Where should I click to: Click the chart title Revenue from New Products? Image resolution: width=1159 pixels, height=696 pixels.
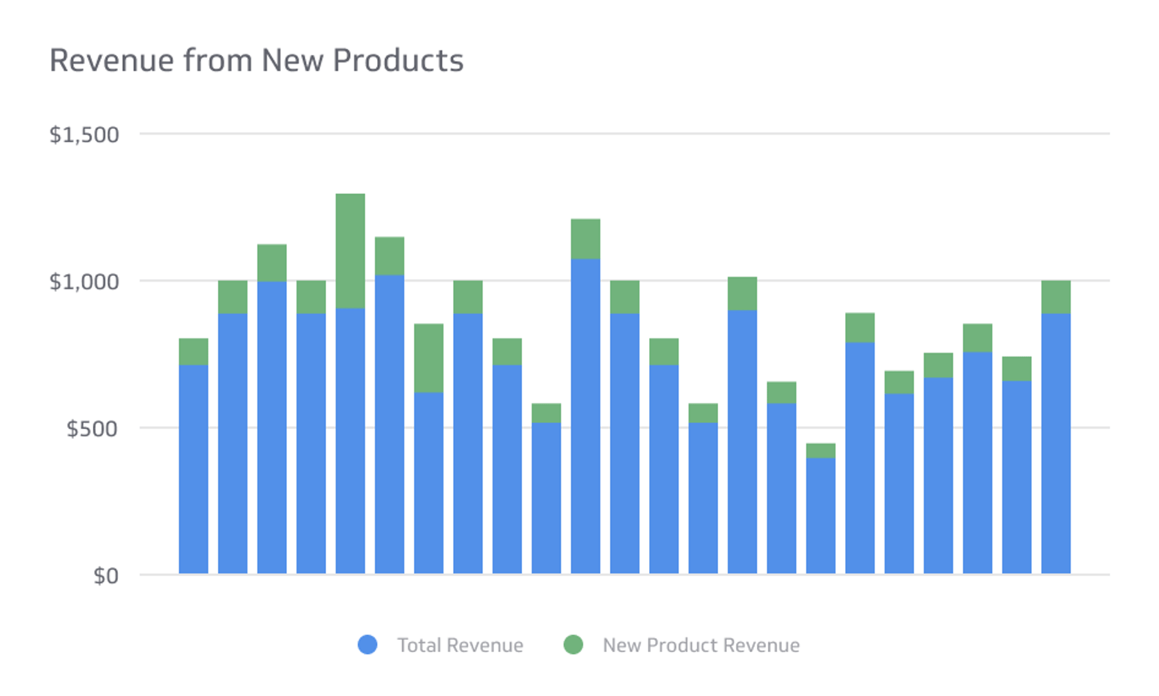[256, 61]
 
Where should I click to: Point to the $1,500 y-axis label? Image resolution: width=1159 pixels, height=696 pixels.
[84, 135]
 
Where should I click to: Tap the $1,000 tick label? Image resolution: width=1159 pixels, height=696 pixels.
[84, 282]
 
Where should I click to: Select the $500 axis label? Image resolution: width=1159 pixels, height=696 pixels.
[92, 429]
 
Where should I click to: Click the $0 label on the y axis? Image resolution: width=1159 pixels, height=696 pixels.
[106, 575]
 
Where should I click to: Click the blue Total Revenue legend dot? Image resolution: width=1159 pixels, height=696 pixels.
[367, 644]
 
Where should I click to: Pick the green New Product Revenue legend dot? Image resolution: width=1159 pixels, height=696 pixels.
[573, 644]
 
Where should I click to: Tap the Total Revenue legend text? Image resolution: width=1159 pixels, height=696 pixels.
[460, 645]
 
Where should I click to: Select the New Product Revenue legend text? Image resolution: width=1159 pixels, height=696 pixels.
[701, 645]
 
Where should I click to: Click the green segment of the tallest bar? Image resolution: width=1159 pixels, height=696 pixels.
[350, 250]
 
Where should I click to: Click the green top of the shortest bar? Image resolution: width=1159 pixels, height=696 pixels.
[821, 450]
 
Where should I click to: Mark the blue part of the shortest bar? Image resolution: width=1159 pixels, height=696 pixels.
[821, 516]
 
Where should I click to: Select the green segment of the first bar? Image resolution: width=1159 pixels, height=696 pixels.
[193, 351]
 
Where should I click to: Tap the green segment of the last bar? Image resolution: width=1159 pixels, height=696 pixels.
[1055, 296]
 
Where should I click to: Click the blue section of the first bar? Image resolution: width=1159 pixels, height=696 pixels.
[193, 469]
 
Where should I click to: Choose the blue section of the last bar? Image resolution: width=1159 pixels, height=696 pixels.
[1055, 443]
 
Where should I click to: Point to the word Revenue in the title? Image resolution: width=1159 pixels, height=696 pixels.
[112, 61]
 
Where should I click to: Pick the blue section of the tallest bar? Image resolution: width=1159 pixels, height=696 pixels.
[350, 441]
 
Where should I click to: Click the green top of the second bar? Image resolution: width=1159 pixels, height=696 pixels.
[233, 296]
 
